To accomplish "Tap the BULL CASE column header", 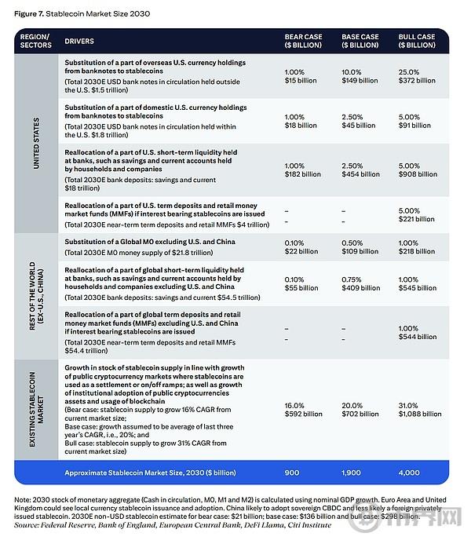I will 417,41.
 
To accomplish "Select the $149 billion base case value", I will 360,80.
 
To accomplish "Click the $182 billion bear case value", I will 303,174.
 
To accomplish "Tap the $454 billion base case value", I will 360,174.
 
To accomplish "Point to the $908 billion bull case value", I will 417,174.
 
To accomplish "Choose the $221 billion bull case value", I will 417,219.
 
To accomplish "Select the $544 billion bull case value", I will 417,337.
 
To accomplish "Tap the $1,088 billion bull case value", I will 420,414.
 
